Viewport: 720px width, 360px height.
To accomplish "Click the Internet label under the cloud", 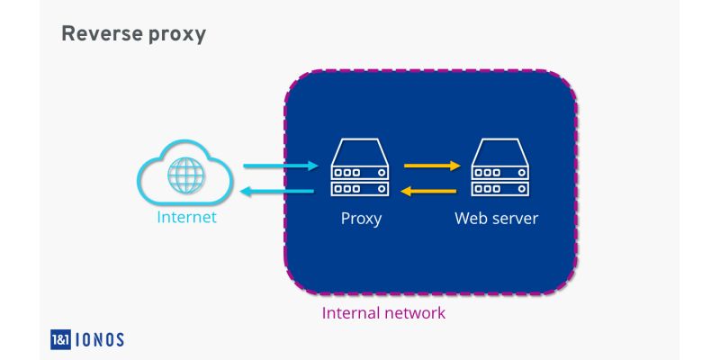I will (x=186, y=218).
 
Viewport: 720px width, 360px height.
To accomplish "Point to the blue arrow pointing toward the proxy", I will (x=282, y=166).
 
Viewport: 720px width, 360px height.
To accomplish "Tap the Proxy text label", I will (x=361, y=219).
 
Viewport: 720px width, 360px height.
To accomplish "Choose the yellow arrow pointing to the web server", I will (x=432, y=166).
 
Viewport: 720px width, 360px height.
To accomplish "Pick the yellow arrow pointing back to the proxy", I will (x=432, y=191).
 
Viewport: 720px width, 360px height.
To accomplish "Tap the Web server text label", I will (x=496, y=219).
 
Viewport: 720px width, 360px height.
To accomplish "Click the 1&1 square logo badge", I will (x=64, y=339).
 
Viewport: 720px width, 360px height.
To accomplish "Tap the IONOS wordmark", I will (x=102, y=339).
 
